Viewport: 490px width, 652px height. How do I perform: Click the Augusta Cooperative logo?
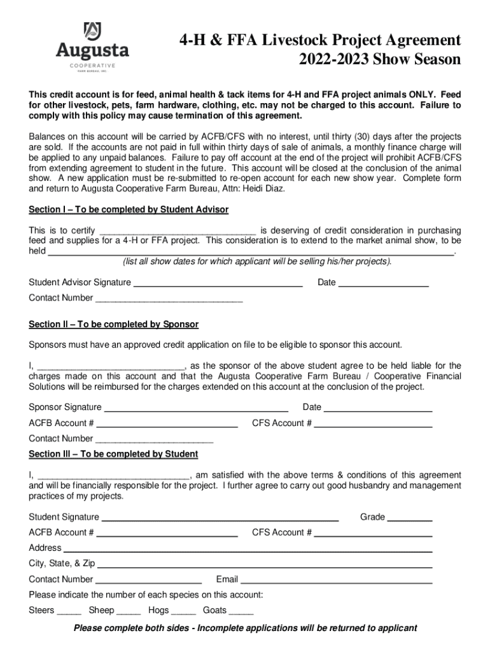(x=92, y=47)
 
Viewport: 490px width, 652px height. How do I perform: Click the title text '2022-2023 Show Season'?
(x=380, y=60)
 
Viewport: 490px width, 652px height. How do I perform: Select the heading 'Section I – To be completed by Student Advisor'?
(x=129, y=209)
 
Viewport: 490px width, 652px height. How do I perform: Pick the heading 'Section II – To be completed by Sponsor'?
(x=114, y=324)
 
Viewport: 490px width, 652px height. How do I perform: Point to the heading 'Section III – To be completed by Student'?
(x=113, y=454)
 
